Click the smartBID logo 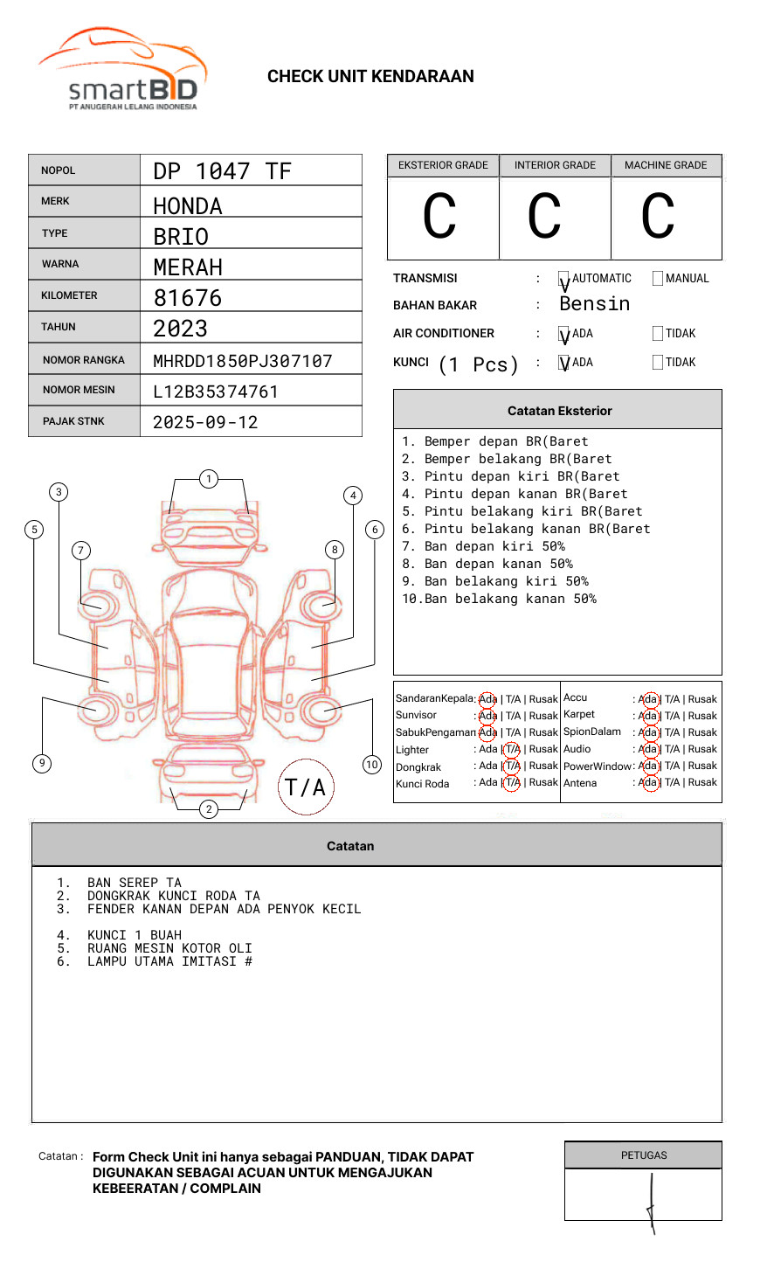[122, 70]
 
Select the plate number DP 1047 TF [222, 171]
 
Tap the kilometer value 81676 [188, 298]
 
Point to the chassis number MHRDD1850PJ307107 [243, 361]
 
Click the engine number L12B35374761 [216, 392]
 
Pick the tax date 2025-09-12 [205, 422]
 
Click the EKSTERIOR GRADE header [443, 165]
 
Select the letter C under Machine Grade [658, 217]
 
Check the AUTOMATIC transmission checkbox [564, 280]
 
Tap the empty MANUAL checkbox [658, 279]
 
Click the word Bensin [594, 304]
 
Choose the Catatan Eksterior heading [559, 411]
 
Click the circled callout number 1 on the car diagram [208, 479]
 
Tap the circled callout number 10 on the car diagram [372, 765]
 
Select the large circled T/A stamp [306, 787]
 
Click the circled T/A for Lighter [512, 749]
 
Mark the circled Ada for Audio [648, 749]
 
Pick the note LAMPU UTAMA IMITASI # [169, 961]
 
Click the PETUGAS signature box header [644, 1155]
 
